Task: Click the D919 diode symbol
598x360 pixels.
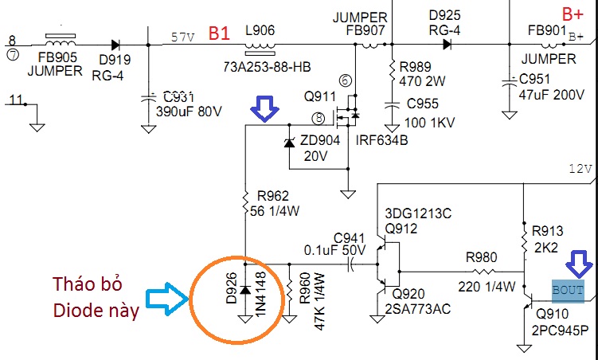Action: click(115, 45)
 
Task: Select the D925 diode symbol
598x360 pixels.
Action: click(447, 45)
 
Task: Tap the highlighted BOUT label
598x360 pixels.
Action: click(568, 291)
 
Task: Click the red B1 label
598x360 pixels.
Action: click(219, 34)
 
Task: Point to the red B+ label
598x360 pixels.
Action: click(573, 14)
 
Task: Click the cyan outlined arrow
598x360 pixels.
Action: click(167, 299)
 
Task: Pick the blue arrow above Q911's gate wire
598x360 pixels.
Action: click(264, 108)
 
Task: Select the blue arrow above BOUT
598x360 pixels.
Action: click(579, 264)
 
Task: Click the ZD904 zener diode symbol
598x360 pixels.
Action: click(290, 143)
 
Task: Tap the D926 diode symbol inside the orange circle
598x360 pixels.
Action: click(245, 290)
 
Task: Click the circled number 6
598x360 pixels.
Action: click(345, 80)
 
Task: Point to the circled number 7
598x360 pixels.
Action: click(13, 55)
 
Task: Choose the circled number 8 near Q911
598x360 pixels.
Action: click(318, 118)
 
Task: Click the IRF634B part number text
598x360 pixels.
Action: click(381, 140)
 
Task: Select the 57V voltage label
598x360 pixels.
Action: click(182, 37)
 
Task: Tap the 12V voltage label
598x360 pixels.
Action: click(580, 169)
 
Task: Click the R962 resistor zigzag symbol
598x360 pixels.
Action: click(245, 202)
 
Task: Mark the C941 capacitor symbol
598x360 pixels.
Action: click(351, 264)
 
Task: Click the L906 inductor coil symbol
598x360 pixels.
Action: click(260, 48)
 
